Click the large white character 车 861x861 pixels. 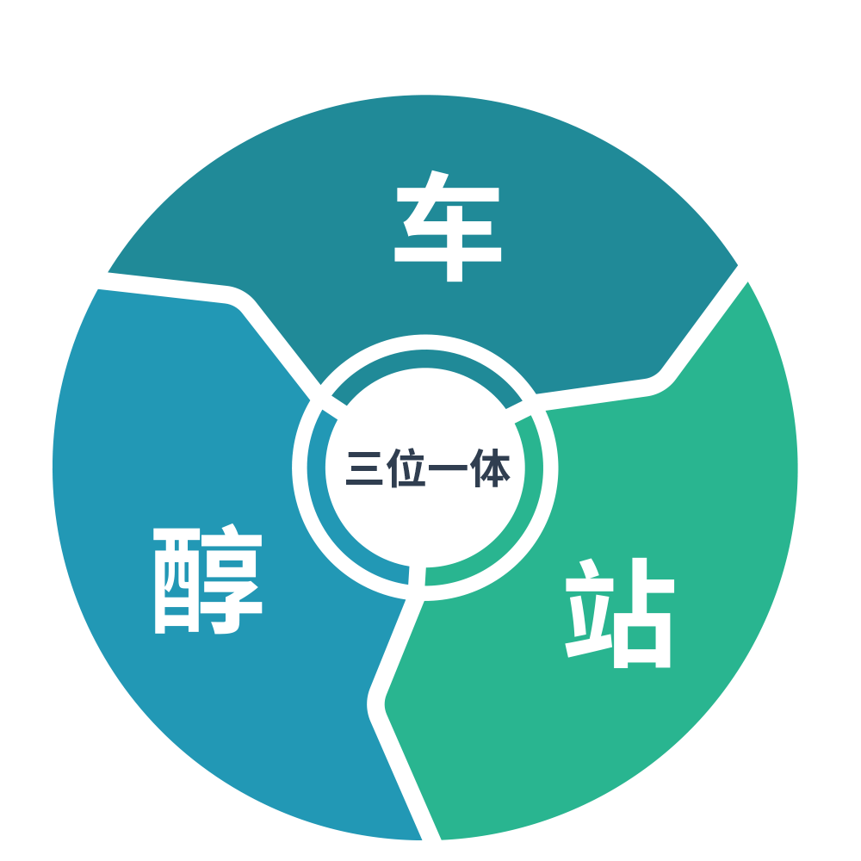[448, 228]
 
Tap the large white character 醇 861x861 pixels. [208, 581]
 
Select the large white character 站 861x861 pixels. [619, 612]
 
